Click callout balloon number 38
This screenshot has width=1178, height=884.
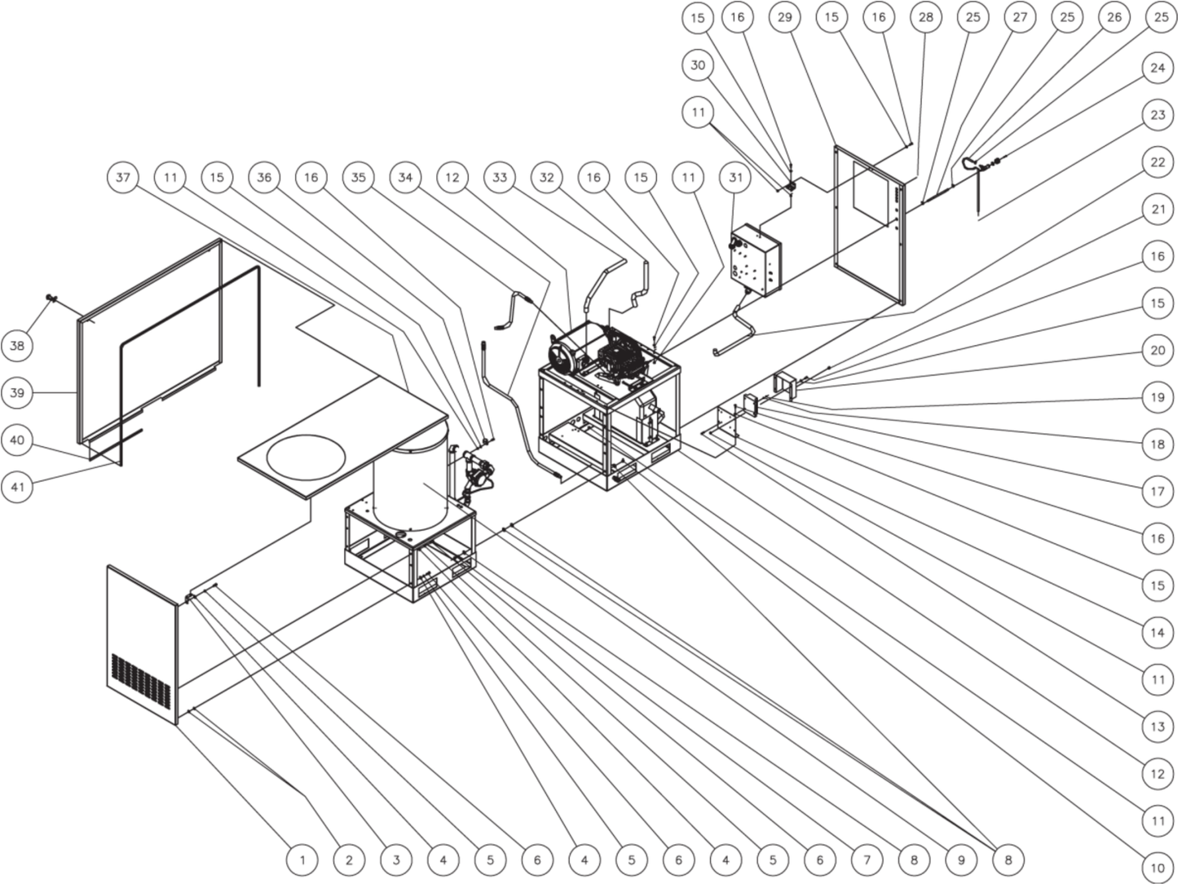17,346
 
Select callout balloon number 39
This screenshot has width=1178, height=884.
17,393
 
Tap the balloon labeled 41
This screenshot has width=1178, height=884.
17,488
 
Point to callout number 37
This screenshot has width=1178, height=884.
123,177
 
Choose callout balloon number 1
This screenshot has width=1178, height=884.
302,860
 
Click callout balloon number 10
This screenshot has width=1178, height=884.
1158,868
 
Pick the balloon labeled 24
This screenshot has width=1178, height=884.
1158,69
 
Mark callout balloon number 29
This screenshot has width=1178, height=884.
784,18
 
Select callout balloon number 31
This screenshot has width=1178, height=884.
735,177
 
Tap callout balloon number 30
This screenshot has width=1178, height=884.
698,65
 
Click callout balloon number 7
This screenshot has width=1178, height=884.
867,860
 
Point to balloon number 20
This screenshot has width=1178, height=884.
1158,351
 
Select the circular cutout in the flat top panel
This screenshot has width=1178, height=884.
306,457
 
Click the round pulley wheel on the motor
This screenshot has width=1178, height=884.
562,351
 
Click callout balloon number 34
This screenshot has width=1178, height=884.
405,177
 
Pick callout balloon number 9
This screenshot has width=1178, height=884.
960,860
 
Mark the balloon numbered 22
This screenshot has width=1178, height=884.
1158,162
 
